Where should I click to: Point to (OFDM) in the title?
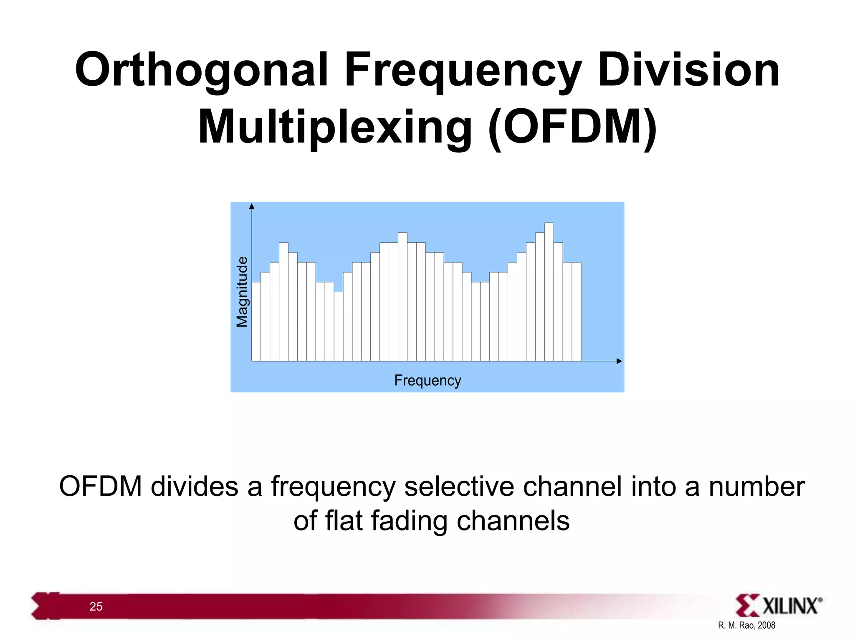[572, 127]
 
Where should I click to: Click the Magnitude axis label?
[242, 292]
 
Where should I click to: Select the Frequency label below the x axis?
[427, 380]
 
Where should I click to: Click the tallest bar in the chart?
[549, 293]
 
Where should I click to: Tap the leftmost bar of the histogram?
[256, 322]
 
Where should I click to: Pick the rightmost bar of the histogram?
[576, 311]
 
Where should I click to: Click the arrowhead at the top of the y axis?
[251, 206]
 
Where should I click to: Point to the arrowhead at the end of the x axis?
[619, 361]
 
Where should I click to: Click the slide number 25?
[96, 606]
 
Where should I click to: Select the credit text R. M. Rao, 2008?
[746, 625]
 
